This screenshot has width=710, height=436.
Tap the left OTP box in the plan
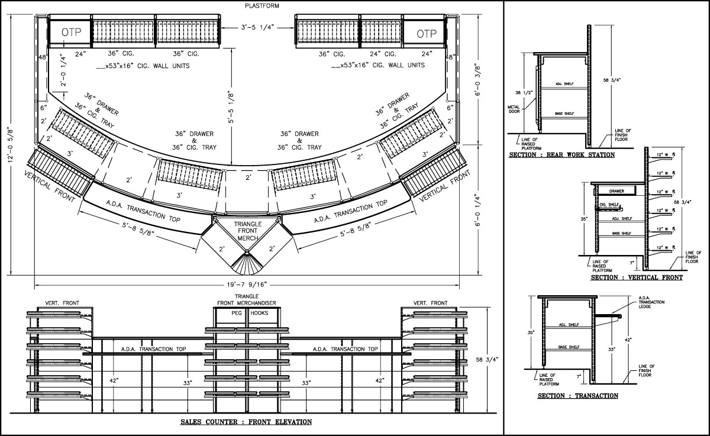point(64,33)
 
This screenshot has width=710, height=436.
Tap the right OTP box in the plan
point(427,34)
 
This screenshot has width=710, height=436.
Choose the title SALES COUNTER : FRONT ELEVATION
point(246,422)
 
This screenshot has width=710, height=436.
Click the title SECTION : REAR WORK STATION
point(561,155)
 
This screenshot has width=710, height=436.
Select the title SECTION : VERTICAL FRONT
point(636,277)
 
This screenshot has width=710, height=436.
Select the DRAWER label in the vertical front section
point(617,191)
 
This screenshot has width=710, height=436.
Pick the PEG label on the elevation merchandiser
point(237,312)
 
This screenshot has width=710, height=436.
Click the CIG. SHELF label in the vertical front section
point(609,204)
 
